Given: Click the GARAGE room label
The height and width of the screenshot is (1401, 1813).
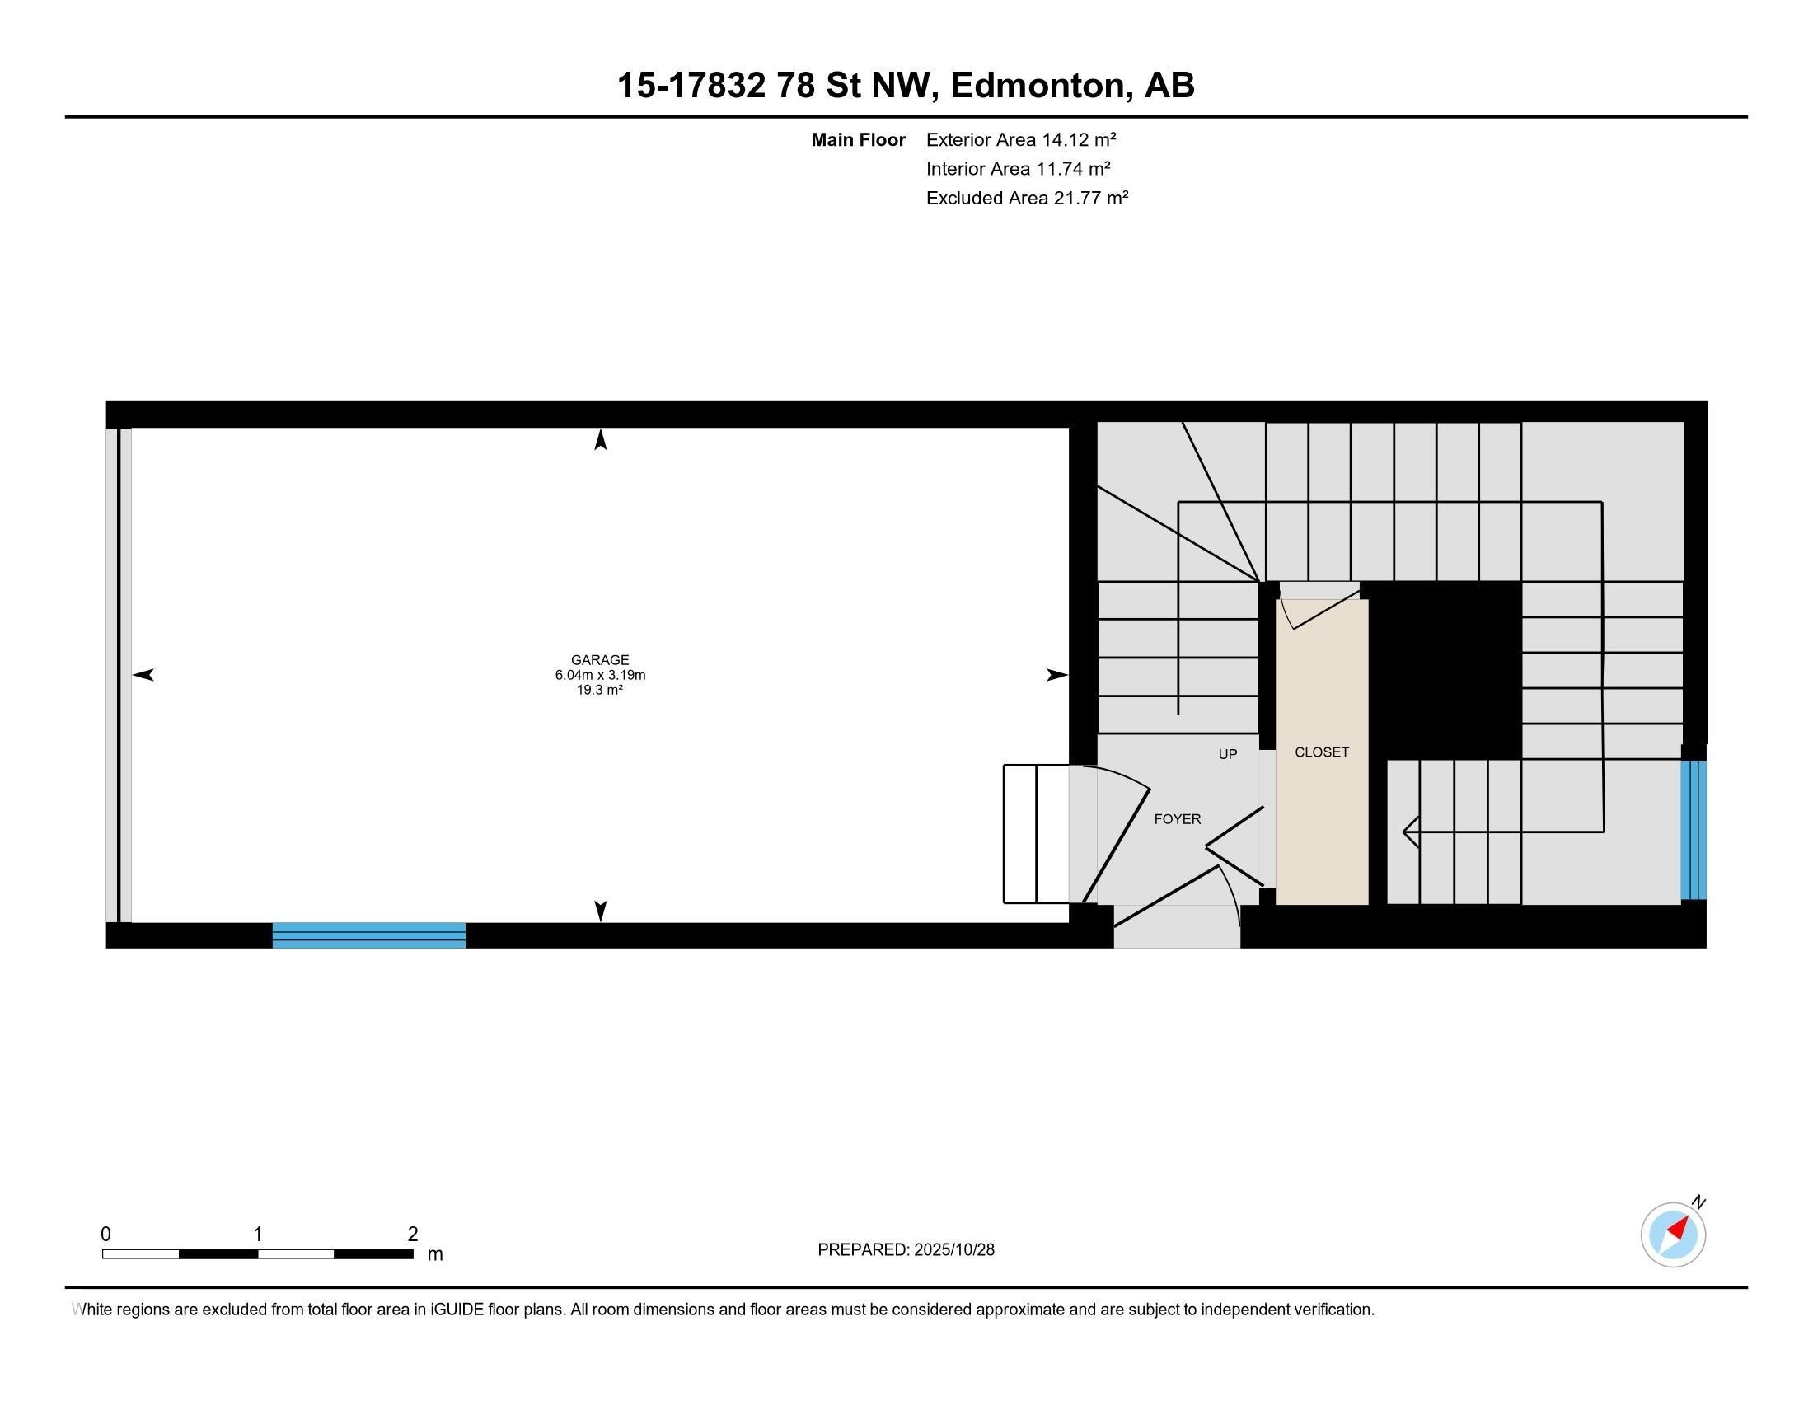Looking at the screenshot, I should [x=599, y=660].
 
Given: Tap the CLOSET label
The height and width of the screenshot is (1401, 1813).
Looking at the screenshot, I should [x=1322, y=752].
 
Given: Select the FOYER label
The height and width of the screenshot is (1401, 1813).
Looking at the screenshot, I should [x=1177, y=819].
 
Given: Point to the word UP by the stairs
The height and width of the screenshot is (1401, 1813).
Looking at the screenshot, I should [x=1227, y=753].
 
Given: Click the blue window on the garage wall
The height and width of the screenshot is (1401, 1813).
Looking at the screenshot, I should [x=368, y=935].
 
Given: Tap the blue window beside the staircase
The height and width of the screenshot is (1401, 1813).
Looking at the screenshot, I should [x=1694, y=830].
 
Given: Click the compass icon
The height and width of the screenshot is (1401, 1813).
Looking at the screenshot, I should [x=1673, y=1235].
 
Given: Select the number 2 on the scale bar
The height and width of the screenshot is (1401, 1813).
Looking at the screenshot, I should [x=413, y=1235].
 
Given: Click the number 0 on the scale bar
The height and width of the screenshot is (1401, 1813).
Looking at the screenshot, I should [x=105, y=1235].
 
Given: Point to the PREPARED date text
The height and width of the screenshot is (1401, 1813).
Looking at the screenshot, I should [x=906, y=1250].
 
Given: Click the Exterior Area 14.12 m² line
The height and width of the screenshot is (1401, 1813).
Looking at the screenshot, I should [x=1021, y=139].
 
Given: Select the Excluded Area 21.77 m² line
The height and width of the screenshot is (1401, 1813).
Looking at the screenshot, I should [x=1027, y=198].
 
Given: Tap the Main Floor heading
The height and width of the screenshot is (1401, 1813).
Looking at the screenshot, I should [x=858, y=139].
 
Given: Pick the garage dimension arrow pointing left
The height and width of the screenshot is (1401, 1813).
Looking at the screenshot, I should [x=143, y=675].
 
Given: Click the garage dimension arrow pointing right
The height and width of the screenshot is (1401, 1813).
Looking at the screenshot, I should [x=1056, y=675].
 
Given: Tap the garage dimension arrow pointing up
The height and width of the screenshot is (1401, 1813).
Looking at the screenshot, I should [x=600, y=439].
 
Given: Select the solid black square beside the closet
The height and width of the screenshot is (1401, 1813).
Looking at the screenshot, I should [x=1445, y=669].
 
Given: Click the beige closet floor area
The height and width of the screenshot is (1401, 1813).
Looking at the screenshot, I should [x=1322, y=830].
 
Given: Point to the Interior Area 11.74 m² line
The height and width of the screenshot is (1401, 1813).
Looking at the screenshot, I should [x=1018, y=168].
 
